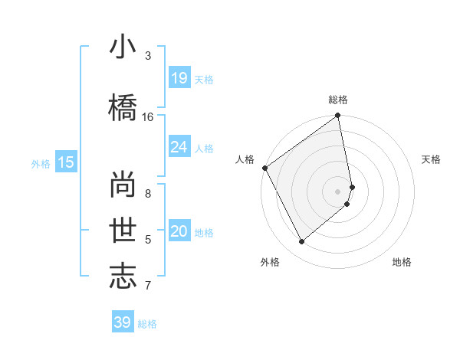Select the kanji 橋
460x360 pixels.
[x=122, y=106]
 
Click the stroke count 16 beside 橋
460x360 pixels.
[x=148, y=117]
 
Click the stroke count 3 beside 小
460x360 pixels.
[x=148, y=56]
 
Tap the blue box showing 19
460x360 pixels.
[x=179, y=77]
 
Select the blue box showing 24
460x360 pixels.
[x=179, y=146]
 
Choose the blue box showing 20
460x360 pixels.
[x=179, y=231]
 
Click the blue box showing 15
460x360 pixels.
[x=65, y=162]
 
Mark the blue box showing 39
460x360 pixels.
[x=122, y=322]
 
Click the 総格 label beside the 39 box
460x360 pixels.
[x=147, y=324]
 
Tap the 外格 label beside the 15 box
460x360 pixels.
[x=40, y=163]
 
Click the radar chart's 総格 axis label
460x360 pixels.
[x=338, y=100]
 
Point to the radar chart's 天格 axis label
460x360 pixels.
[x=431, y=159]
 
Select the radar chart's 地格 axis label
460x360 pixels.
[x=402, y=262]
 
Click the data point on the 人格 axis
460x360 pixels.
[x=264, y=168]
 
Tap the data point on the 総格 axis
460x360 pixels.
[x=338, y=116]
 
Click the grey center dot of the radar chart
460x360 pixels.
[x=338, y=191]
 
